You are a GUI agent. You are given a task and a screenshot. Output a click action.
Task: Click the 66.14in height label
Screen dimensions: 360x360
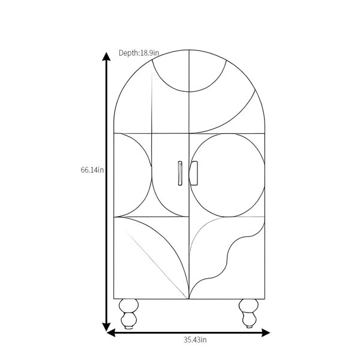click(x=92, y=170)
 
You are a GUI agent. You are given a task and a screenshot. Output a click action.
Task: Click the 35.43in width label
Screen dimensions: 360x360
click(x=195, y=340)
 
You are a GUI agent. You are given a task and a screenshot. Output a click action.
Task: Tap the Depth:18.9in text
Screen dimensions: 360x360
click(x=139, y=53)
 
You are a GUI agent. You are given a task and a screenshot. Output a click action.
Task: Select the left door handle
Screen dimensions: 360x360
click(x=180, y=173)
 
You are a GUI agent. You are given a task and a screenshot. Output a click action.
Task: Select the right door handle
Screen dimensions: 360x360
click(x=194, y=173)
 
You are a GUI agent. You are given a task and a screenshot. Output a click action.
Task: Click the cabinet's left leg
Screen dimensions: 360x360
click(x=128, y=314)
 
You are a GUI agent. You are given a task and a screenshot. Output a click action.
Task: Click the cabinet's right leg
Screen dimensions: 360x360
click(x=248, y=313)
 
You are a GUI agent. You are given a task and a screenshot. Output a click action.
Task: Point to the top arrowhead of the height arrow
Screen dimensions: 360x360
click(x=106, y=56)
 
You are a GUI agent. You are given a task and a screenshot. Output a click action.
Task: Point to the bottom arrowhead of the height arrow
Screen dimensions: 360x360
click(x=106, y=327)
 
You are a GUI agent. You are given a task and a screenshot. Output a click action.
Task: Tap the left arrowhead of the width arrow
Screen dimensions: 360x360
click(x=111, y=332)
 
